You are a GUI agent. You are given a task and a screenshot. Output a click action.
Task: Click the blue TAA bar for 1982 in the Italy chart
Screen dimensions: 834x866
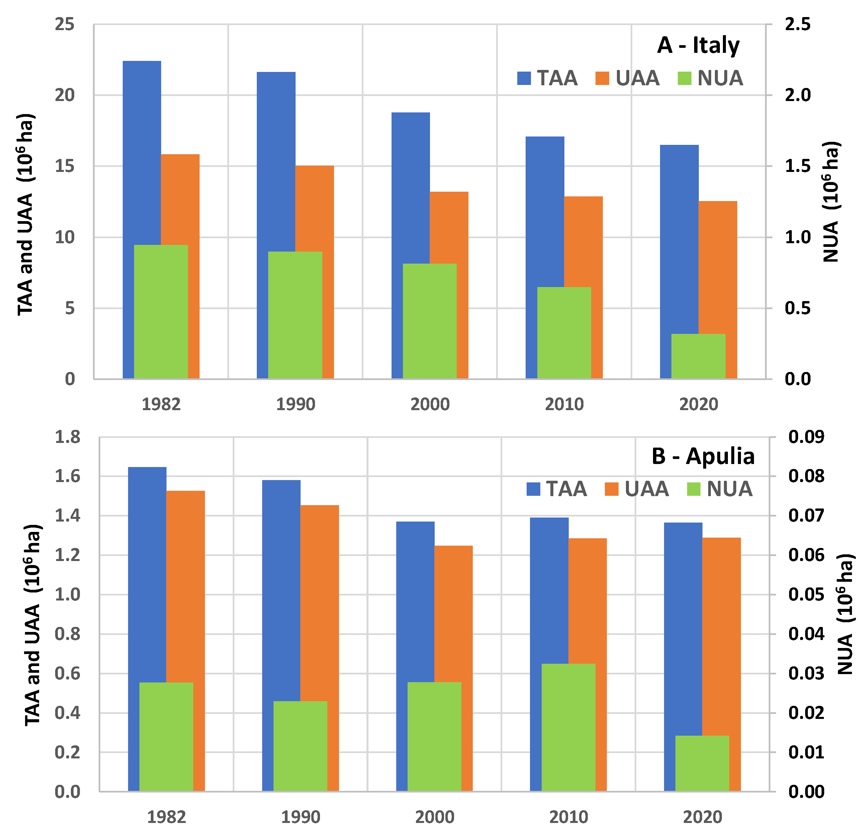click(x=141, y=150)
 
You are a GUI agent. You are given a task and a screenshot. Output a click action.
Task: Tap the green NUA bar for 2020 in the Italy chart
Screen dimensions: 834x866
click(x=698, y=356)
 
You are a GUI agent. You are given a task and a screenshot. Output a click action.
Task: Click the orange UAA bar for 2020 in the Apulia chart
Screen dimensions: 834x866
click(x=721, y=636)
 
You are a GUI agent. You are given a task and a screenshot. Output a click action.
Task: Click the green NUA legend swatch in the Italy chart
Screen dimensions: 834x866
click(x=684, y=79)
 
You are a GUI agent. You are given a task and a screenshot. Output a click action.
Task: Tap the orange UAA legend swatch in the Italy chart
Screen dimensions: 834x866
click(x=602, y=79)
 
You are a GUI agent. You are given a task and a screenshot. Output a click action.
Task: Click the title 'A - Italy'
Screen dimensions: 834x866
click(x=698, y=45)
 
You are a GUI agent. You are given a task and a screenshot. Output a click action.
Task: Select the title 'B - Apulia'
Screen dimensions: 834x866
click(x=703, y=456)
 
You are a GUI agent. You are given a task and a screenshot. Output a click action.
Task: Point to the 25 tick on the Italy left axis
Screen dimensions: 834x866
click(x=65, y=24)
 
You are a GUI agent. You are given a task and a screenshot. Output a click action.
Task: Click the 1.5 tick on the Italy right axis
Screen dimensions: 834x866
click(x=797, y=166)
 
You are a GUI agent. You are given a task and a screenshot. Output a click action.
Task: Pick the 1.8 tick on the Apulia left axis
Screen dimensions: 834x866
click(x=68, y=437)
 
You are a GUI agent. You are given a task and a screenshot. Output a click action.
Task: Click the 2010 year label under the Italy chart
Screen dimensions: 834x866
click(x=564, y=404)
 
